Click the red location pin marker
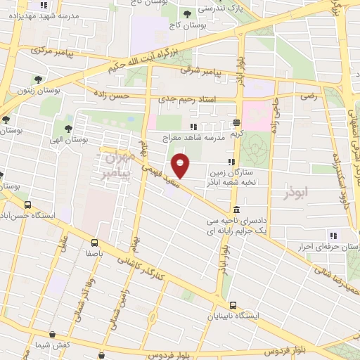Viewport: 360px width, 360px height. click(181, 165)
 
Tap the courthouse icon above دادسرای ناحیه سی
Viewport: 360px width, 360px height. click(236, 210)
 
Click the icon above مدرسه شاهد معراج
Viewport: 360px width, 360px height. click(193, 127)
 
